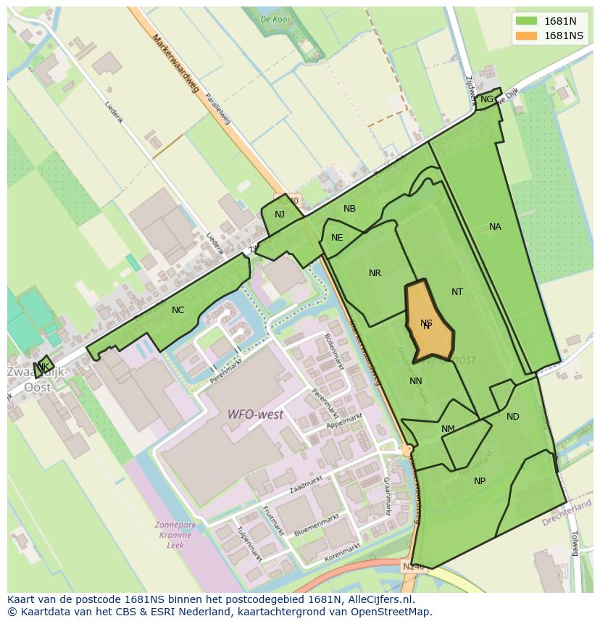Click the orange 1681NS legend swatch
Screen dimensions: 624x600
click(x=526, y=36)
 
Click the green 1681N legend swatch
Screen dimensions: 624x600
click(x=526, y=21)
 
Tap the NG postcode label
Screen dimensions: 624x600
click(x=487, y=99)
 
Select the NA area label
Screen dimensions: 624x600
click(x=495, y=227)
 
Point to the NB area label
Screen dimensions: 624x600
click(x=349, y=209)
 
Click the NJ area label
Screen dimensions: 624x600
click(x=280, y=214)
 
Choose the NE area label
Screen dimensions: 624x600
click(x=337, y=238)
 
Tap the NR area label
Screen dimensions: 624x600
click(x=375, y=273)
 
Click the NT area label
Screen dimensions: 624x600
click(x=457, y=292)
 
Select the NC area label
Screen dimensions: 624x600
click(x=178, y=310)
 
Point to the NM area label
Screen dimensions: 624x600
click(x=448, y=429)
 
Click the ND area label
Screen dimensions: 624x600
click(x=513, y=417)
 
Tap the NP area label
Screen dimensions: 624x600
click(x=480, y=481)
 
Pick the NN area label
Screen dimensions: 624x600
click(x=416, y=381)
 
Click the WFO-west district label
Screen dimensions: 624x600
click(x=255, y=415)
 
